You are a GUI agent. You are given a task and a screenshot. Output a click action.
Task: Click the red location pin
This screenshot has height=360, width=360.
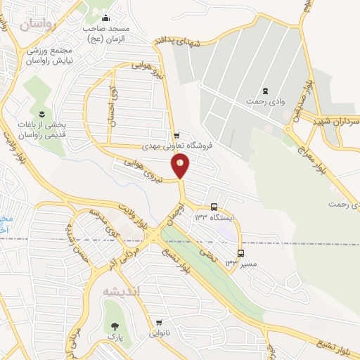tap(181, 165)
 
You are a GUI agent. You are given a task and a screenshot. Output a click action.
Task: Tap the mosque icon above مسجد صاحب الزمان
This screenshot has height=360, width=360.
tap(105, 18)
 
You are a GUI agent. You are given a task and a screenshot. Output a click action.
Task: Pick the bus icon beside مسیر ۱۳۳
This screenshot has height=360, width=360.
tap(241, 253)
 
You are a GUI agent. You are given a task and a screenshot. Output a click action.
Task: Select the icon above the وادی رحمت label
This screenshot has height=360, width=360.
tap(265, 91)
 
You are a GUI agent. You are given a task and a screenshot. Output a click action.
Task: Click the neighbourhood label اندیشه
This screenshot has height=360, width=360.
tap(121, 291)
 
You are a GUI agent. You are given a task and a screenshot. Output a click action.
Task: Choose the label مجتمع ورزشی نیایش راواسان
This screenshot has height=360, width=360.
tap(51, 56)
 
